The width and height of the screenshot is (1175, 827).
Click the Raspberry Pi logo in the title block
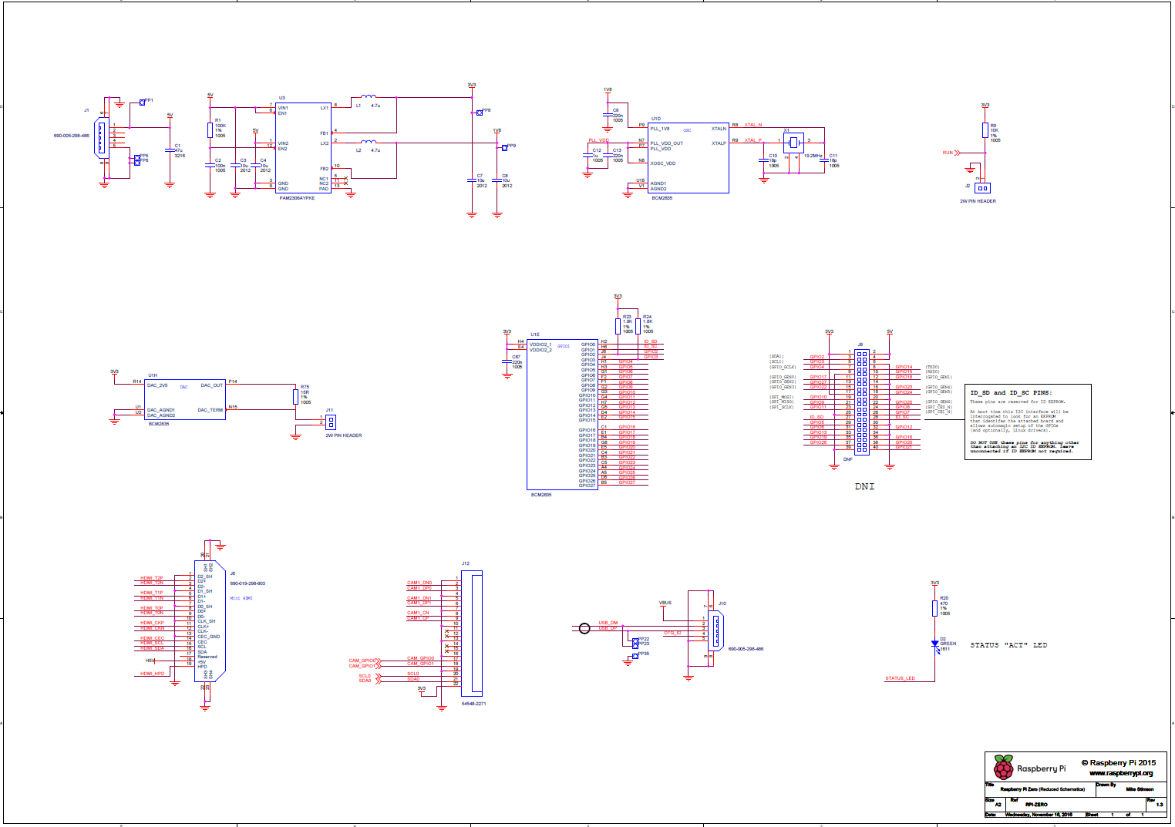pos(1003,768)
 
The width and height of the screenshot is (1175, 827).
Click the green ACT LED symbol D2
pos(934,644)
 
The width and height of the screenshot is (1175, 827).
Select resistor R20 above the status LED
pos(934,608)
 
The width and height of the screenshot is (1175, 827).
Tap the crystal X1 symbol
pos(794,143)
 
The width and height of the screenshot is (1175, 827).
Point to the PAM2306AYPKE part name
pos(297,198)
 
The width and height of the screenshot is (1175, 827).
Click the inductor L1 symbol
pos(369,97)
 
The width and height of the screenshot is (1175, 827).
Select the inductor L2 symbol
pos(369,142)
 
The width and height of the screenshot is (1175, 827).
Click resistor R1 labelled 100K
pos(210,129)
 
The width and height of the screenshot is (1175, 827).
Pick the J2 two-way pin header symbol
pos(981,188)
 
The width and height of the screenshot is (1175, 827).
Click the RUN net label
pos(948,153)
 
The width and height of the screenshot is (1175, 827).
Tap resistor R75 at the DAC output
pos(295,396)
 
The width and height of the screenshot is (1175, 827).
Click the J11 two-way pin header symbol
pos(331,422)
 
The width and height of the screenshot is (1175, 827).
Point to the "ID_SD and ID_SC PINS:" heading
pos(1010,393)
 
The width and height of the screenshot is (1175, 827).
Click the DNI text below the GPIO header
pos(864,486)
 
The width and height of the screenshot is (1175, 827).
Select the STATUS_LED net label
pos(900,678)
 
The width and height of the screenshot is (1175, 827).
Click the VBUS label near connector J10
pos(665,603)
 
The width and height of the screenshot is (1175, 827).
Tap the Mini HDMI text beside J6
pos(241,598)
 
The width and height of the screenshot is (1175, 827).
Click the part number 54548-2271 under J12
pos(473,704)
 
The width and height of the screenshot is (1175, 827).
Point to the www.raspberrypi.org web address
pos(1120,773)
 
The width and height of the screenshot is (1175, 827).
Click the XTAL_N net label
pos(752,125)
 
